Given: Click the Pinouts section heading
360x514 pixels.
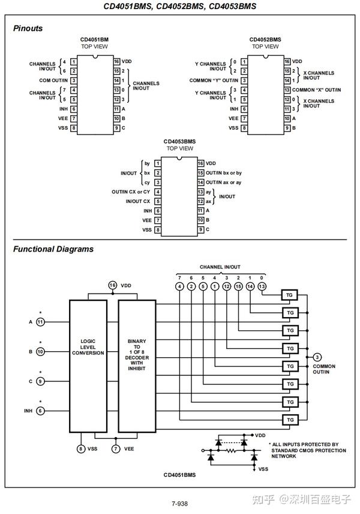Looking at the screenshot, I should coord(28,28).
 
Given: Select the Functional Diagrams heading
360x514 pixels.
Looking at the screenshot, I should coord(53,249).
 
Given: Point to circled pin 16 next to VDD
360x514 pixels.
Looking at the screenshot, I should coord(113,285).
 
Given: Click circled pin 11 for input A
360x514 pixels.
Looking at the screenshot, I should coord(40,321).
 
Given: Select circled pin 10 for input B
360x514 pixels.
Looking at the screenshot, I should coord(40,351).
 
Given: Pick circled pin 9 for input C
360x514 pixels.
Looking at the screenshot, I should coord(40,381).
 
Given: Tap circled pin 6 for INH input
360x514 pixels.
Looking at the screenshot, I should coord(40,411).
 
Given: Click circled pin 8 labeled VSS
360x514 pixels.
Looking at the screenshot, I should coord(81,448).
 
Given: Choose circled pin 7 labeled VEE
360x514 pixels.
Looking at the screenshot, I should coord(115,448).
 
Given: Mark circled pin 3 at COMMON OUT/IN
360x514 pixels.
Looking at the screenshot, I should coord(317,357).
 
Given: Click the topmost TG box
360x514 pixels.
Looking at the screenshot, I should coord(290,295).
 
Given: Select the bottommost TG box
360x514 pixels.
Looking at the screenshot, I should coord(290,419).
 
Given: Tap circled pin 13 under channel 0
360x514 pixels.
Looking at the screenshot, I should coord(262,286).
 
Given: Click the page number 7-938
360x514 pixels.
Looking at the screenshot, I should coord(179,503).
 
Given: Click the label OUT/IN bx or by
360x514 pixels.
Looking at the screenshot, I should coord(223,172).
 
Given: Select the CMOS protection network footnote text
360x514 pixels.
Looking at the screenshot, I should coord(307,450).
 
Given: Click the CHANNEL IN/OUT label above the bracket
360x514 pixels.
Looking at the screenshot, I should coord(220,267).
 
